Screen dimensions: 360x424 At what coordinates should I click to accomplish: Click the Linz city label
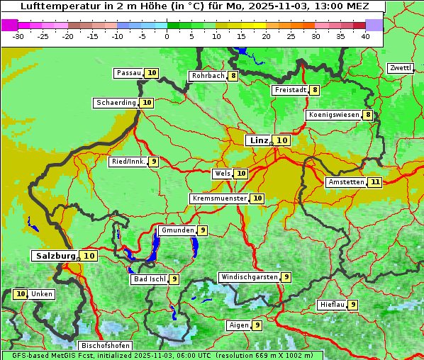pyautogui.click(x=258, y=140)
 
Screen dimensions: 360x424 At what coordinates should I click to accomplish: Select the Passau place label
pyautogui.click(x=129, y=73)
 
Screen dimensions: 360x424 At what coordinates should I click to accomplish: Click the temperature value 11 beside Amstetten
pyautogui.click(x=375, y=182)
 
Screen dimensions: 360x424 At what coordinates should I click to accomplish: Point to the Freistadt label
pyautogui.click(x=290, y=90)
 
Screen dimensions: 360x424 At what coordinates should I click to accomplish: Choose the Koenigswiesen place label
pyautogui.click(x=334, y=115)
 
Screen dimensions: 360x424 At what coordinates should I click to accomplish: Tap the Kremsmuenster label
pyautogui.click(x=219, y=198)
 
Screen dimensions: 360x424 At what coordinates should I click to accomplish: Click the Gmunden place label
pyautogui.click(x=177, y=230)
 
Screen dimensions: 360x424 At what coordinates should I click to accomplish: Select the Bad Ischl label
pyautogui.click(x=150, y=279)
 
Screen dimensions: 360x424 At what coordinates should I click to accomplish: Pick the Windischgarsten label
pyautogui.click(x=249, y=277)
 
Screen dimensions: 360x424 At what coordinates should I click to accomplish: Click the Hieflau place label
pyautogui.click(x=333, y=305)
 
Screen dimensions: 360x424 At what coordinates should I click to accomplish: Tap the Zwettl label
pyautogui.click(x=400, y=68)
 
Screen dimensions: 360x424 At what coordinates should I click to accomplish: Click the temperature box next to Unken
pyautogui.click(x=20, y=294)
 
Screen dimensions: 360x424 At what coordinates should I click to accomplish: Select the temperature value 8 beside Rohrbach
pyautogui.click(x=233, y=76)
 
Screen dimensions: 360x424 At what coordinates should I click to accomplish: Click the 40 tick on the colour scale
pyautogui.click(x=364, y=35)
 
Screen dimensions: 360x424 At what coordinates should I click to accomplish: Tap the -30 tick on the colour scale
pyautogui.click(x=18, y=35)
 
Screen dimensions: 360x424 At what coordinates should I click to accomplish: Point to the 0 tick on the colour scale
pyautogui.click(x=167, y=35)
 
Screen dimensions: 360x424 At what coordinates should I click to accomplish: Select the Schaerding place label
pyautogui.click(x=116, y=103)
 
